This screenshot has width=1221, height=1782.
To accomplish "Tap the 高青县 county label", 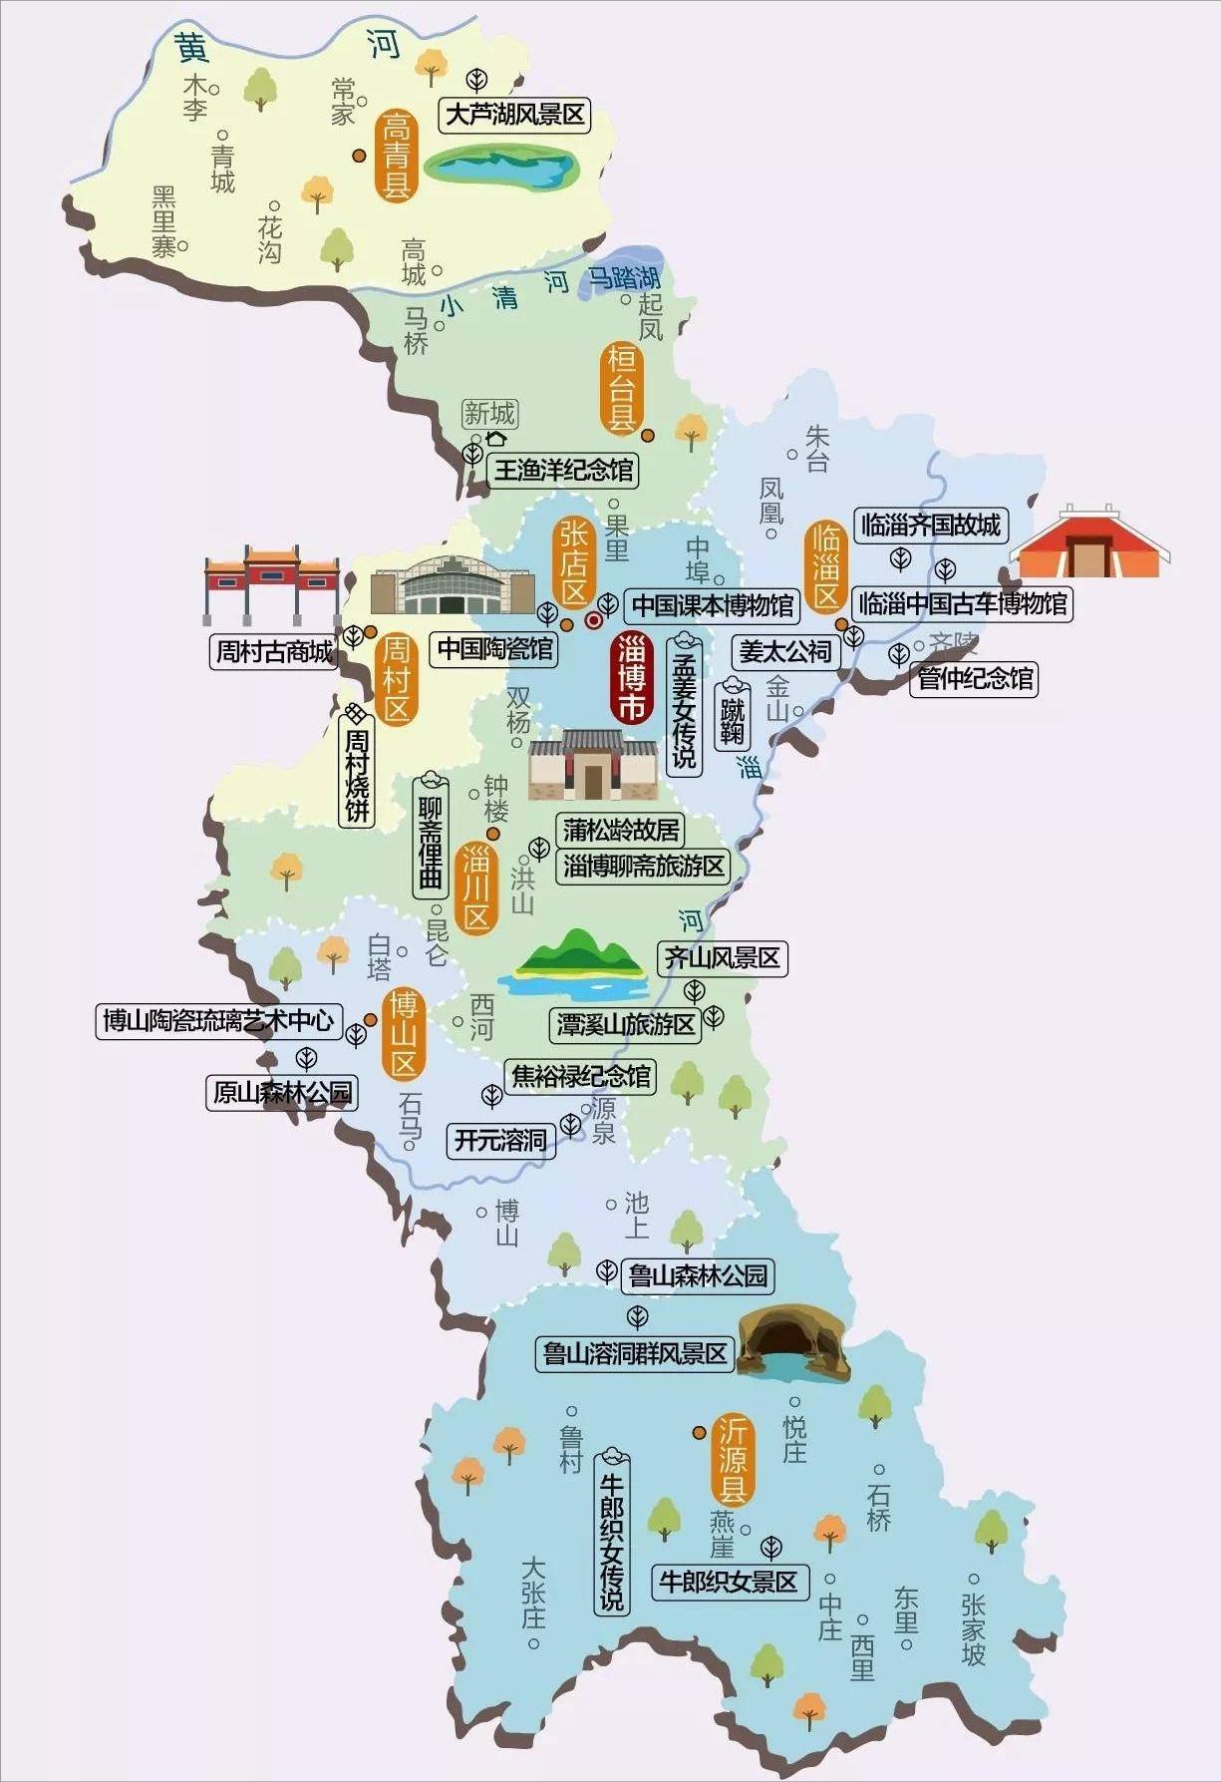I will (396, 156).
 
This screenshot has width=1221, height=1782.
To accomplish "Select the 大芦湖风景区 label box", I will (514, 115).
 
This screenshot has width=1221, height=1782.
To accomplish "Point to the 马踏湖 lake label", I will (625, 278).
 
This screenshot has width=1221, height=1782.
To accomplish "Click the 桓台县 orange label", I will (622, 388).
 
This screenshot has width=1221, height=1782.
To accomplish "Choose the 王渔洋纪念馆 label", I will (563, 470).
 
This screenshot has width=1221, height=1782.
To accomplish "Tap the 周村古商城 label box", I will (275, 652).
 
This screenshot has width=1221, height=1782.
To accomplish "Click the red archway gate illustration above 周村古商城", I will (271, 583).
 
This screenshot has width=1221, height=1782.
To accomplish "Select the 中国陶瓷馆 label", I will (495, 649).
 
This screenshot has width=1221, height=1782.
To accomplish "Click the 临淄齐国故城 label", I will (931, 525).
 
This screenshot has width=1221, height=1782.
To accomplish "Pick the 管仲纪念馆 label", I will (975, 678).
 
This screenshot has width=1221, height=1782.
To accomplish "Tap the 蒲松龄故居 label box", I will (620, 829).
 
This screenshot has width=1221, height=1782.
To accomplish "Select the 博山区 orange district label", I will (404, 1034).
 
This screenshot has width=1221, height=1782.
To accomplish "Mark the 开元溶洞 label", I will (500, 1140).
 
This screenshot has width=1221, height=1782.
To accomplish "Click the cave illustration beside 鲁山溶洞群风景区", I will (793, 1342).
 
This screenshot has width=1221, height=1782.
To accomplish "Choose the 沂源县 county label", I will (734, 1461).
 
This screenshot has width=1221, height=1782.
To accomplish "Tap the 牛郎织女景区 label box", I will (729, 1582).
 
